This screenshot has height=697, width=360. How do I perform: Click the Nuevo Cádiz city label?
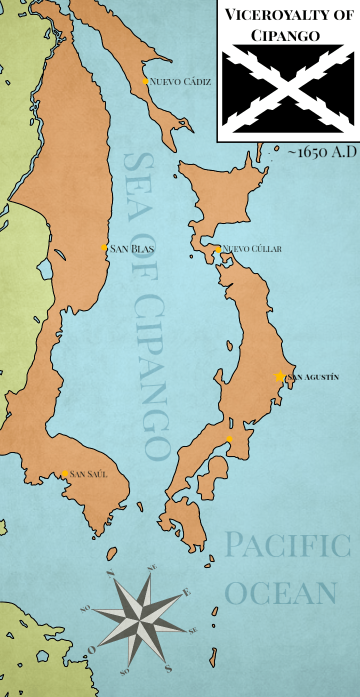[x=180, y=81]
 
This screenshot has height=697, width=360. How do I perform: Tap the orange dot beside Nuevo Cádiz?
[x=145, y=81]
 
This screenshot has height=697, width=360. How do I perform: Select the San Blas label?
[x=131, y=248]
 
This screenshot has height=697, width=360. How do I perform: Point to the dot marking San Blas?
[x=104, y=247]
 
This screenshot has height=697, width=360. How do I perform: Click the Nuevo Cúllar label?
[x=252, y=248]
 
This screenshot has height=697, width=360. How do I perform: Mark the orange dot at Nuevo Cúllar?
[x=218, y=249]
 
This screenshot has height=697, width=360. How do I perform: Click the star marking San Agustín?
[x=279, y=376]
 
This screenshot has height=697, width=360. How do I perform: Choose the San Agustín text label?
[x=312, y=377]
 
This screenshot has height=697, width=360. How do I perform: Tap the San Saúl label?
[x=88, y=474]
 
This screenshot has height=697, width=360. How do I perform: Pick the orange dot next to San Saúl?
[x=65, y=473]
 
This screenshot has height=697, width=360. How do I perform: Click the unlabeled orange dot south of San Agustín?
[x=229, y=439]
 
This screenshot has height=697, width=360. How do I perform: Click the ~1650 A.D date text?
[x=322, y=152]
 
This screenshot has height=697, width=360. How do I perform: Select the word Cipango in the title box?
[x=285, y=35]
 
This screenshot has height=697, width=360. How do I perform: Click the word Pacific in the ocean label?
[x=287, y=545]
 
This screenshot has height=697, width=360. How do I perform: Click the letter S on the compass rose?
[x=168, y=668]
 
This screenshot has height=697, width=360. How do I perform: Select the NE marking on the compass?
[x=152, y=567]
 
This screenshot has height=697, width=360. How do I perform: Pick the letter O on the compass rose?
[x=91, y=650]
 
